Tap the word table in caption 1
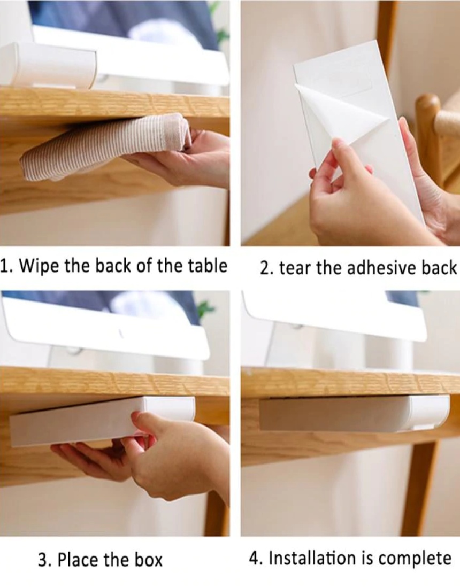(x=208, y=266)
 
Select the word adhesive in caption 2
(x=380, y=268)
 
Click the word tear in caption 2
(x=295, y=268)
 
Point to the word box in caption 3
(x=149, y=560)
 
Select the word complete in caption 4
(x=415, y=559)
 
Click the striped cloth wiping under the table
(x=105, y=147)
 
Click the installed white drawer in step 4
(x=354, y=414)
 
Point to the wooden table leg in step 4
(x=420, y=488)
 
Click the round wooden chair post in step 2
(x=428, y=139)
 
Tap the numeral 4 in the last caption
(x=255, y=558)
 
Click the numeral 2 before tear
(x=265, y=268)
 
